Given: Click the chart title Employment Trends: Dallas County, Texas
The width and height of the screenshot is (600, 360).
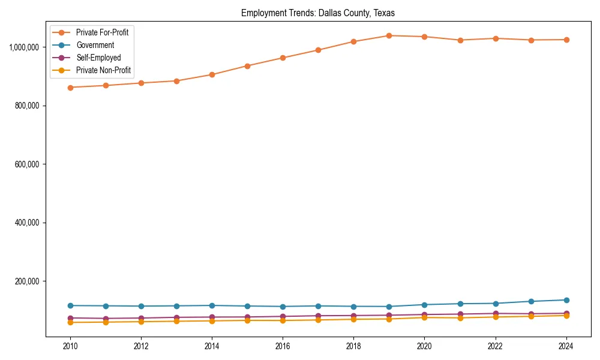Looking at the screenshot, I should (x=318, y=13).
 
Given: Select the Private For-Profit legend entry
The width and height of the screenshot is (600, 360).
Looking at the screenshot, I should (x=102, y=32).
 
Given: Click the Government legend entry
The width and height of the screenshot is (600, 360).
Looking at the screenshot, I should (x=95, y=45).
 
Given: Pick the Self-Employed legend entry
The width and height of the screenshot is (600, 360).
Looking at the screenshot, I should (x=98, y=58).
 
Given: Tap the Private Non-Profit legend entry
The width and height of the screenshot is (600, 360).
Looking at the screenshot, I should (x=103, y=70).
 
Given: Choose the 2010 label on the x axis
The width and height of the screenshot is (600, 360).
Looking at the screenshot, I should (x=70, y=346).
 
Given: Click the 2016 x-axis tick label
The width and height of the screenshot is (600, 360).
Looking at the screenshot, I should (x=283, y=346).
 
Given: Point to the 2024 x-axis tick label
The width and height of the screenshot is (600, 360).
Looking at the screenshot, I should (x=566, y=346).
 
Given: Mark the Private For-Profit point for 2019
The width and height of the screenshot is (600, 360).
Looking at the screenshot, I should (x=389, y=35).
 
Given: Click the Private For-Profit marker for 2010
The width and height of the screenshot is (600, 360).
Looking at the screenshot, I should (x=70, y=88).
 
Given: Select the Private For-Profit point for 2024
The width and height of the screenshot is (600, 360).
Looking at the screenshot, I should (x=566, y=40).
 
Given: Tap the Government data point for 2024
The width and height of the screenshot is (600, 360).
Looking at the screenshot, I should (x=566, y=300).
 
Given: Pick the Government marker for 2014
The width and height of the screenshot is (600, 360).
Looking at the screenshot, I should (x=212, y=305).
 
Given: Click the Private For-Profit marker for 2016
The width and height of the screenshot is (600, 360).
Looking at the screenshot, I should (x=283, y=58).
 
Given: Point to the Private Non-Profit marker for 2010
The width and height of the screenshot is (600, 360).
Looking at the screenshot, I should (x=70, y=322).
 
